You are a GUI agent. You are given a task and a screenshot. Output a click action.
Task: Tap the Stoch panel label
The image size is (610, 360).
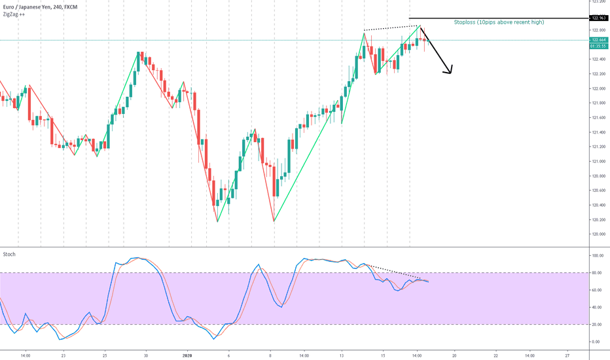click(9, 254)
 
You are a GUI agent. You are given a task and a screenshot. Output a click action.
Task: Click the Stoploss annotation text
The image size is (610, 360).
click(499, 22)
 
